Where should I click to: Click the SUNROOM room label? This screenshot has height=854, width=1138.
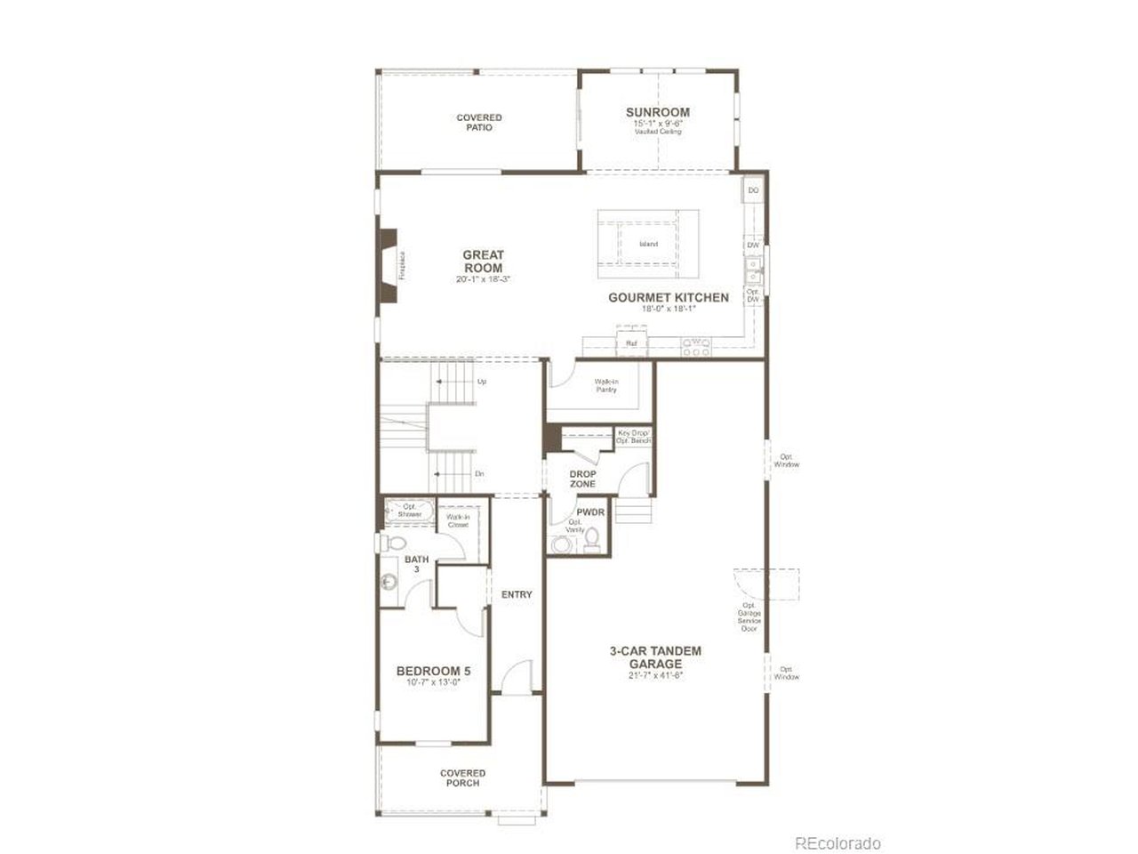[657, 113]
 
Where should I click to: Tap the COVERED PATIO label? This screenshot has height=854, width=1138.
[479, 123]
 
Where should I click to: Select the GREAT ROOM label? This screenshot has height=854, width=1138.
[483, 262]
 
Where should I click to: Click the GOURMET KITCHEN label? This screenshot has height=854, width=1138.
[669, 298]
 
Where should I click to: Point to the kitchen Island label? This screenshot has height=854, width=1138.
[648, 245]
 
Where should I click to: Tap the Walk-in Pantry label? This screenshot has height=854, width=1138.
[606, 385]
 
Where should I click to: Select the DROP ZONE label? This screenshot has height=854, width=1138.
[582, 479]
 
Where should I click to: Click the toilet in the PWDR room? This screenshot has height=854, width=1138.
[593, 539]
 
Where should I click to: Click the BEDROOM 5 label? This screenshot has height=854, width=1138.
[433, 671]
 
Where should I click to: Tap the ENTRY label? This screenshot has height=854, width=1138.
[517, 594]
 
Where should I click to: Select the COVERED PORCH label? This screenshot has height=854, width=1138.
[462, 778]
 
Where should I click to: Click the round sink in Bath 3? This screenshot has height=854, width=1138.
[388, 583]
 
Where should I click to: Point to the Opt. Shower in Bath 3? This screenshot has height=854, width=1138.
[409, 512]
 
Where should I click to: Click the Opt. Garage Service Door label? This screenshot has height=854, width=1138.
[749, 616]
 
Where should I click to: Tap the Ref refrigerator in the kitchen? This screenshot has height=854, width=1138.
[631, 342]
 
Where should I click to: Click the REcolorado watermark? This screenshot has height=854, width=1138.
[837, 842]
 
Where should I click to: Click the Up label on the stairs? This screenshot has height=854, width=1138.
[482, 382]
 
